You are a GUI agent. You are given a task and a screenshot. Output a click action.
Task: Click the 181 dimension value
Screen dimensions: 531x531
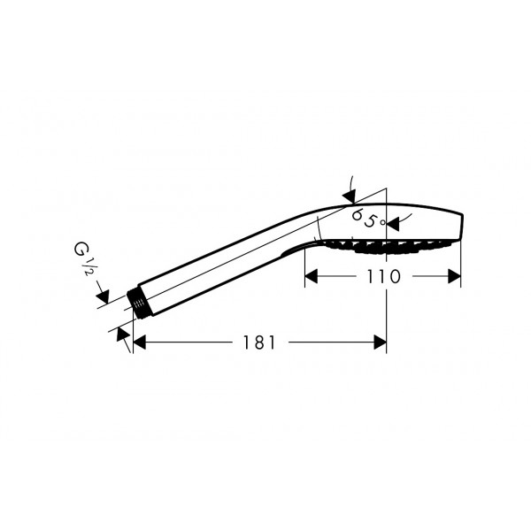[x=259, y=342]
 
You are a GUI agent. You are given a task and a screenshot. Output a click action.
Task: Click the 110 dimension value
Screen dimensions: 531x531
[x=384, y=277]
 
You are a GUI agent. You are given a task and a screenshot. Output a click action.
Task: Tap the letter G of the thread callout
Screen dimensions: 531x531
[x=81, y=249]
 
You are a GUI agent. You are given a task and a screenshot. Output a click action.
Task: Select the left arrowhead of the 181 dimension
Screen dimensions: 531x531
[x=139, y=342]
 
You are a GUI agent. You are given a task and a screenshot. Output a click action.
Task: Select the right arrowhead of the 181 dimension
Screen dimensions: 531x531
[x=380, y=342]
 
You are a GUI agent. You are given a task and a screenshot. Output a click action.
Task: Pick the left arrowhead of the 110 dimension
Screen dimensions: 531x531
[x=312, y=276]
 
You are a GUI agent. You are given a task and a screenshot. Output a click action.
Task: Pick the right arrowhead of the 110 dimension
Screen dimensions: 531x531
[x=455, y=276]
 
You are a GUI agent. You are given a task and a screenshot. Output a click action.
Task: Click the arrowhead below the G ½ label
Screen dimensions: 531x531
[x=103, y=296]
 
